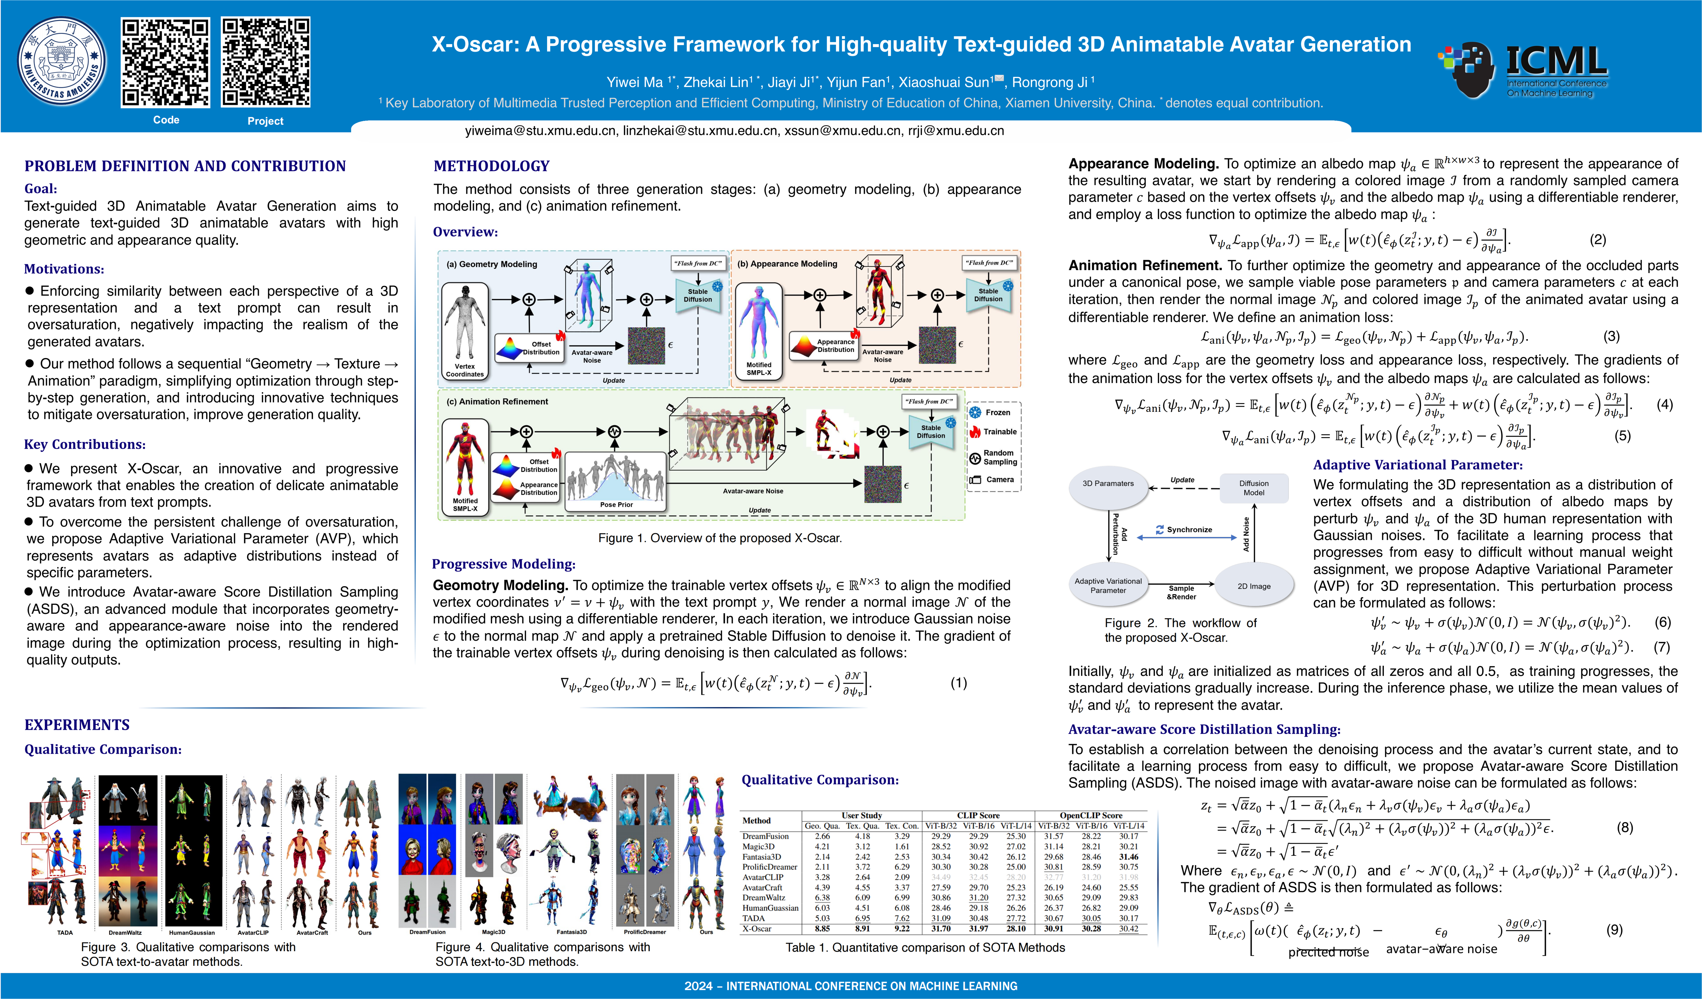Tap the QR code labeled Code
pyautogui.click(x=165, y=62)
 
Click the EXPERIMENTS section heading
pyautogui.click(x=77, y=725)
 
